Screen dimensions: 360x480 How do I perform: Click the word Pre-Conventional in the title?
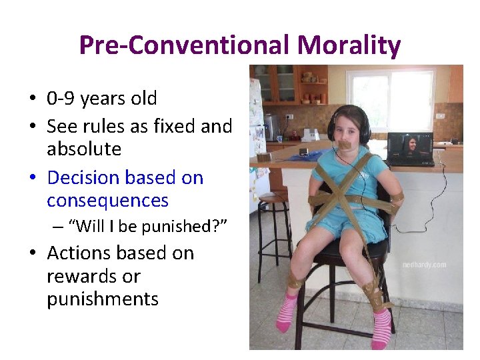[184, 45]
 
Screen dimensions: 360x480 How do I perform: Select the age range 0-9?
[61, 99]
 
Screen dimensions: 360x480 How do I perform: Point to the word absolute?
[84, 149]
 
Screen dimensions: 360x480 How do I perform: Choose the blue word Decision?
[85, 178]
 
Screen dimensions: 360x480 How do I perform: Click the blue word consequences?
[107, 201]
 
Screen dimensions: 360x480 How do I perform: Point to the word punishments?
[103, 299]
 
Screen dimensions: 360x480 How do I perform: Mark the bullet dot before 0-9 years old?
[32, 100]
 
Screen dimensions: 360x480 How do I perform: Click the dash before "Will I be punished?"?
[57, 227]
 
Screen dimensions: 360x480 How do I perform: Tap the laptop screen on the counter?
[410, 147]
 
